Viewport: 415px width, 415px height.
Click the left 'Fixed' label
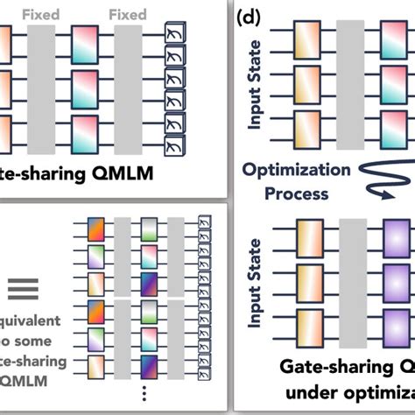41,15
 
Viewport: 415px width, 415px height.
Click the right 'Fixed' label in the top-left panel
129,15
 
